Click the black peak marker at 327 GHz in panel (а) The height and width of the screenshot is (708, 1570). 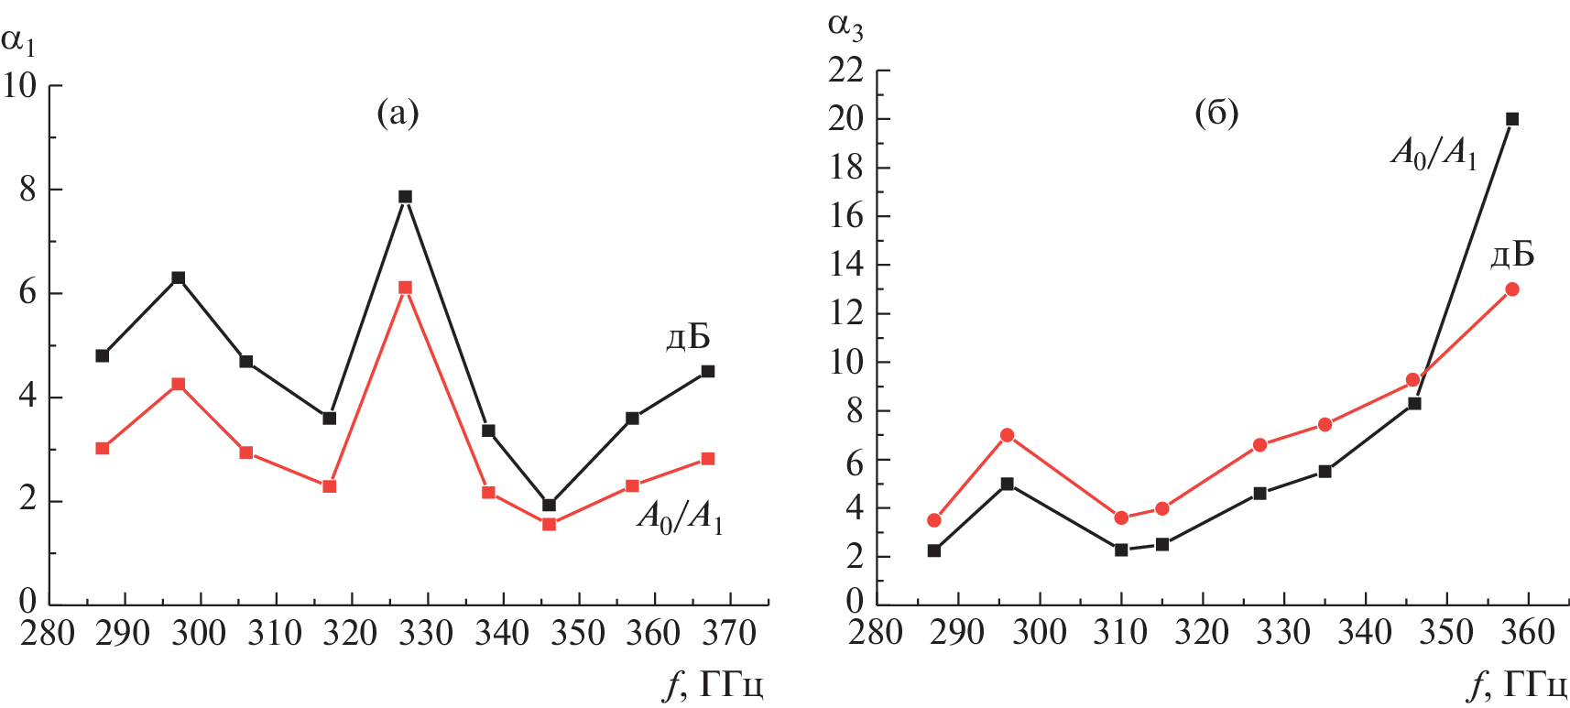coord(405,197)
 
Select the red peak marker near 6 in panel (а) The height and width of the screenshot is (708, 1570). coord(405,288)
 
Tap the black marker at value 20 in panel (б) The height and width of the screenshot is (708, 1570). coord(1512,119)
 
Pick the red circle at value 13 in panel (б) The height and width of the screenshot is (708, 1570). coord(1512,289)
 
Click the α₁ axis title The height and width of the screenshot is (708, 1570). coord(18,40)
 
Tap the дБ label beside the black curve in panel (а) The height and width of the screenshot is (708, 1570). coord(688,338)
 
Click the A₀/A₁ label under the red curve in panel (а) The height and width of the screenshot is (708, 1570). coord(680,519)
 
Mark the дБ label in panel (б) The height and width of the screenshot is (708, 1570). coord(1512,255)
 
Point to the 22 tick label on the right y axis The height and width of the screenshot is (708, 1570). coord(845,71)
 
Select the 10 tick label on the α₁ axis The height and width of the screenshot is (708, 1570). coord(19,86)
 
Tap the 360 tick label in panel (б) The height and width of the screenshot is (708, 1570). coord(1528,633)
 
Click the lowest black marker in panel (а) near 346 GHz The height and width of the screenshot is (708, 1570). coord(549,506)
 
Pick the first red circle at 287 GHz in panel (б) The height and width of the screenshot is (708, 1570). coord(934,520)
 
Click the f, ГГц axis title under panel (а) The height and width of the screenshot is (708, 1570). coord(714,685)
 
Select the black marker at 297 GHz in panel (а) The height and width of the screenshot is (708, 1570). coord(179,278)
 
